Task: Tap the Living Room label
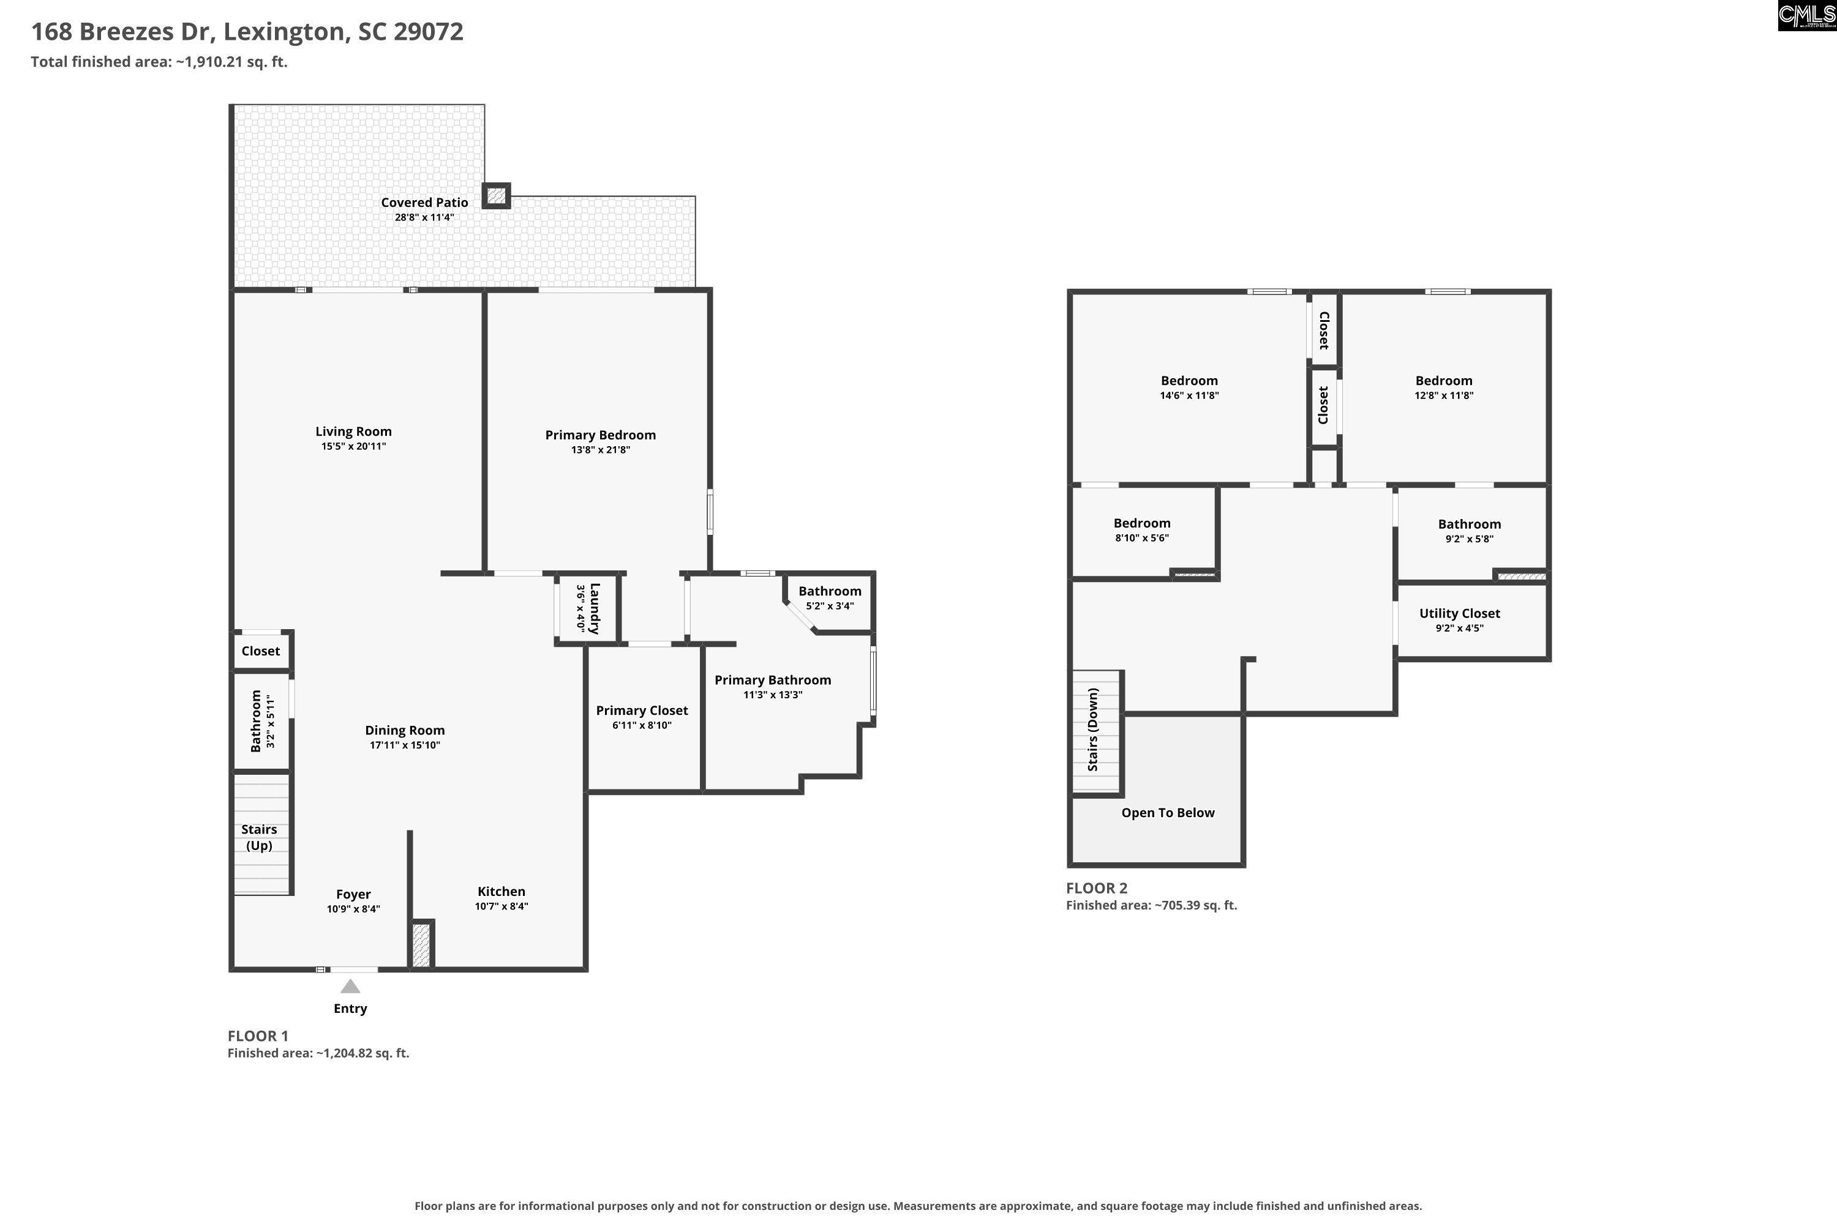[354, 431]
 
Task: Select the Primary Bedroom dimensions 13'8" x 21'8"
[601, 450]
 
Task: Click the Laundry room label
[595, 608]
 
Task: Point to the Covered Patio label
[425, 202]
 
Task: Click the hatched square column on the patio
[496, 195]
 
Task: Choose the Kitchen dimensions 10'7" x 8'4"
[502, 906]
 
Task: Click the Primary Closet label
[642, 711]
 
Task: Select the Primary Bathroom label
[772, 680]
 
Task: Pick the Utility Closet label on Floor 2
[1460, 614]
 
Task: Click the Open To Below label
[1168, 813]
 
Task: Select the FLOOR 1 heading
[258, 1036]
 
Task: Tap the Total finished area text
[159, 62]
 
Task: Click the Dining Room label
[405, 731]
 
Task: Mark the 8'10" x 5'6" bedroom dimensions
[1142, 538]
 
